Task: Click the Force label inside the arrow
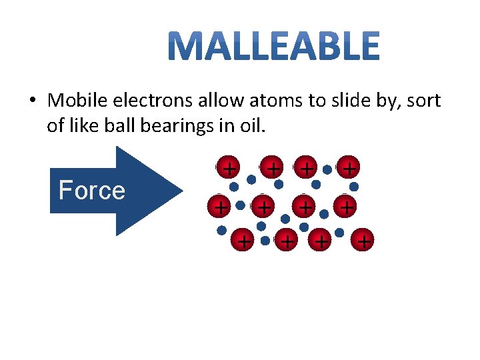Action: (x=92, y=191)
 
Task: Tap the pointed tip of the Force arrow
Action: (x=183, y=191)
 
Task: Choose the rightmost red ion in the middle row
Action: (x=347, y=207)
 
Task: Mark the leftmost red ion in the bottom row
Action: (x=244, y=240)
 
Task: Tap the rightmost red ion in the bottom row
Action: (x=364, y=240)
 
